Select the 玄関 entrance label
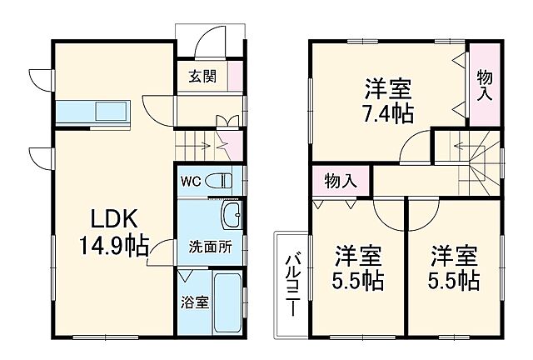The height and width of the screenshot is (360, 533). tap(202, 77)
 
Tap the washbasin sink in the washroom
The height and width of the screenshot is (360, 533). tap(232, 216)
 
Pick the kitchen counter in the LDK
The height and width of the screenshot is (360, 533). tap(92, 112)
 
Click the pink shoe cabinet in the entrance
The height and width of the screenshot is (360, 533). tap(237, 77)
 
